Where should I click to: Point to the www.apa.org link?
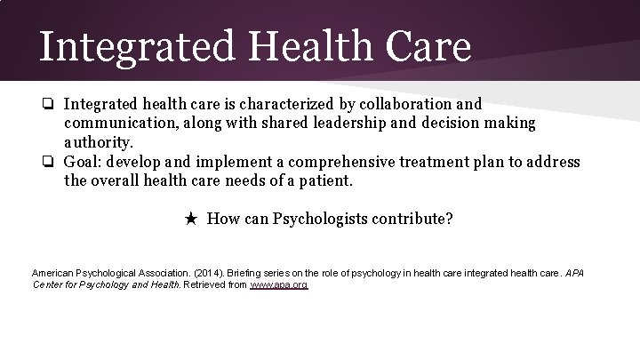[x=278, y=284]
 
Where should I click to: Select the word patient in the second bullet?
[x=325, y=180]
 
